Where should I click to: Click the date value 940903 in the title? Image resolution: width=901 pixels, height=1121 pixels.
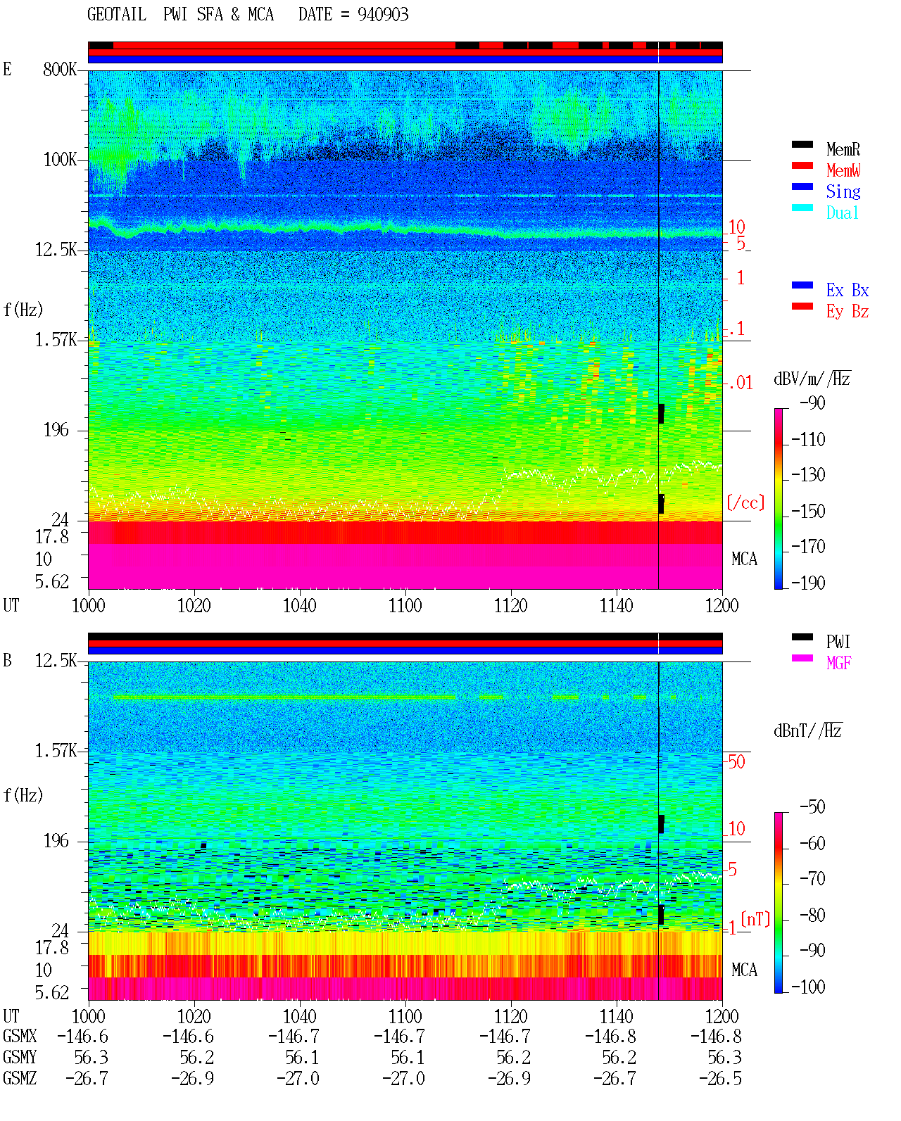click(x=382, y=15)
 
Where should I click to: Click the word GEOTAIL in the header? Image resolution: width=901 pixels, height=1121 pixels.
click(x=117, y=15)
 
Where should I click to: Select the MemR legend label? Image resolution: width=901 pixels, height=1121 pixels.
click(x=843, y=149)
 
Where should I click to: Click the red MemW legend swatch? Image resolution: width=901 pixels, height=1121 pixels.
click(x=802, y=165)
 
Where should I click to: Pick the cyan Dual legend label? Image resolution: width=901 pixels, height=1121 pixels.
click(x=843, y=213)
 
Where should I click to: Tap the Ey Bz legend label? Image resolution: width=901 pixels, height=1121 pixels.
click(x=848, y=312)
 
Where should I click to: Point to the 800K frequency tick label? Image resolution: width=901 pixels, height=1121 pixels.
click(x=60, y=69)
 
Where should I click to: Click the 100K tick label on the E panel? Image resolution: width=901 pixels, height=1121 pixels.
click(x=60, y=160)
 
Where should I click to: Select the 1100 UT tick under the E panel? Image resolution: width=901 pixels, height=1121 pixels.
click(x=405, y=606)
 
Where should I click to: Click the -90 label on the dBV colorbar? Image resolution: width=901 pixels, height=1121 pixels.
click(x=812, y=403)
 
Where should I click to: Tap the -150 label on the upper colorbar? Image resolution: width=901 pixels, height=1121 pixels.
click(x=808, y=512)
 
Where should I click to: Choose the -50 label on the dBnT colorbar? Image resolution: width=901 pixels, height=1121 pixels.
click(x=812, y=807)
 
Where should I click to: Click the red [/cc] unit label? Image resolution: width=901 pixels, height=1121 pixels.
click(x=745, y=502)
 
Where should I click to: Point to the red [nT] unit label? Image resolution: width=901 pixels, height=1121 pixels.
click(x=755, y=919)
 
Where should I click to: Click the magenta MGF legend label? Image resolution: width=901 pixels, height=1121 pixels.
click(x=838, y=663)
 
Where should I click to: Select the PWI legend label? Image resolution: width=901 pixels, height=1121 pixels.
click(x=838, y=642)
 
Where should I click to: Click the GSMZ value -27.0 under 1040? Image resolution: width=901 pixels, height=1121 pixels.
click(x=298, y=1078)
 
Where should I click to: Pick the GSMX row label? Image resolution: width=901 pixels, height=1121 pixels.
click(x=20, y=1036)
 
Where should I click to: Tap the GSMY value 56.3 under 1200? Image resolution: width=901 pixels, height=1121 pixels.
click(x=724, y=1058)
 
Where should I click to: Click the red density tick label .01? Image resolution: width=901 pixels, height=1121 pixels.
click(x=741, y=384)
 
